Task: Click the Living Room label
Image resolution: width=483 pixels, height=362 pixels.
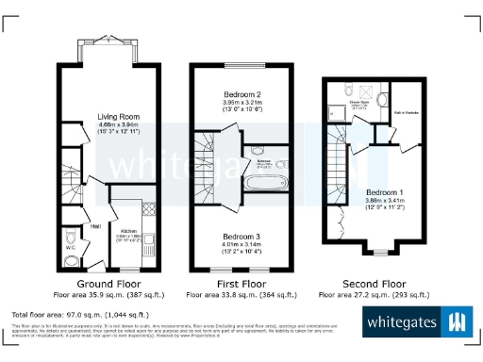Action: (x=118, y=118)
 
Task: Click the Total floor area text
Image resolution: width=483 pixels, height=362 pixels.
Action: (x=79, y=313)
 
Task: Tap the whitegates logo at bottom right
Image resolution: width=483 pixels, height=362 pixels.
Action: (x=416, y=322)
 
